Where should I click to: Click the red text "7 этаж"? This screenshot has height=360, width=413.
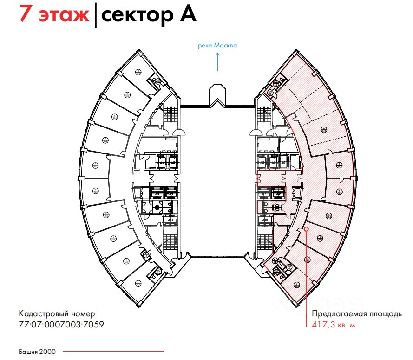tap(53, 15)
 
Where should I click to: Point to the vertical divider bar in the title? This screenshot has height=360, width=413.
tap(96, 14)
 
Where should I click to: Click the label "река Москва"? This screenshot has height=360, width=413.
tap(217, 46)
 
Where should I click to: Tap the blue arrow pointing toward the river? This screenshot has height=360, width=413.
tap(217, 61)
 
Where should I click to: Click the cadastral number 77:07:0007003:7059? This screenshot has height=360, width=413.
tap(61, 324)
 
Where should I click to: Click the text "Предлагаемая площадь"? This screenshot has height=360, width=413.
tap(357, 314)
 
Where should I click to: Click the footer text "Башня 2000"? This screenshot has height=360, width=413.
tap(37, 352)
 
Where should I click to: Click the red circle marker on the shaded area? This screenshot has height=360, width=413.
tap(306, 229)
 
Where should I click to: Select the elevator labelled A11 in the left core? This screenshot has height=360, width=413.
tap(170, 220)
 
